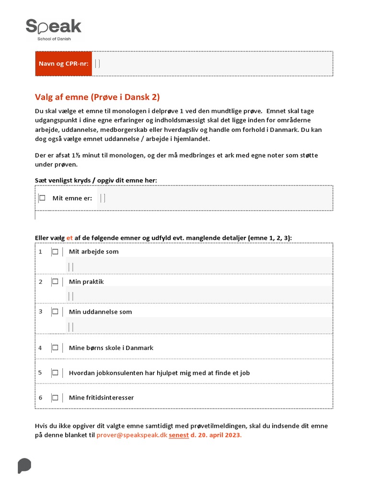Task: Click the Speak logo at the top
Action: [x=53, y=27]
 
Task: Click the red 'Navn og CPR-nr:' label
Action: [x=64, y=64]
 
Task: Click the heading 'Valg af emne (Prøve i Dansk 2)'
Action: [x=97, y=97]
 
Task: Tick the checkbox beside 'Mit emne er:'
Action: [x=42, y=198]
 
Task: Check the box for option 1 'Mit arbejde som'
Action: [x=55, y=252]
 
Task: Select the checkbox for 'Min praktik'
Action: [x=55, y=281]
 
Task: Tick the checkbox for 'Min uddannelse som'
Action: [x=55, y=312]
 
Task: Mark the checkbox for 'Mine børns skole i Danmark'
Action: [x=55, y=348]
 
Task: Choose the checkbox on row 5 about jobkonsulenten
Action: [x=55, y=373]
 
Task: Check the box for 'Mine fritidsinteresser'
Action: [x=55, y=397]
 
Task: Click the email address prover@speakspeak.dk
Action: [x=131, y=435]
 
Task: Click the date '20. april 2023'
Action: [x=219, y=435]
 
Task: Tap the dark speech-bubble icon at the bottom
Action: [x=24, y=466]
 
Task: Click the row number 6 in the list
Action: [x=41, y=397]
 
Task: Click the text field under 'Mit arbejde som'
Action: [x=199, y=266]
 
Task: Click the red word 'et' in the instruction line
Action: [x=69, y=237]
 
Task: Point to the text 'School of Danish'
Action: [x=54, y=39]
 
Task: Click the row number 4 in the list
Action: [x=41, y=348]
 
